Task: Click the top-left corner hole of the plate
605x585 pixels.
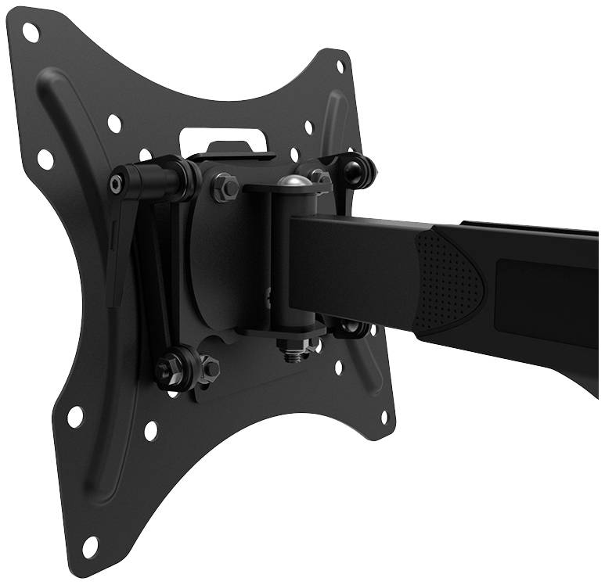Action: (x=31, y=32)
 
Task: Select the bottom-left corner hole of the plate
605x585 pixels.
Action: (x=89, y=545)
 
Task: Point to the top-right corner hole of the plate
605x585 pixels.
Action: (x=340, y=66)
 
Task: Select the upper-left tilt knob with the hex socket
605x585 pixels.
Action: (x=117, y=184)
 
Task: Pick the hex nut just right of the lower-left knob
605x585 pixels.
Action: (x=209, y=365)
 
